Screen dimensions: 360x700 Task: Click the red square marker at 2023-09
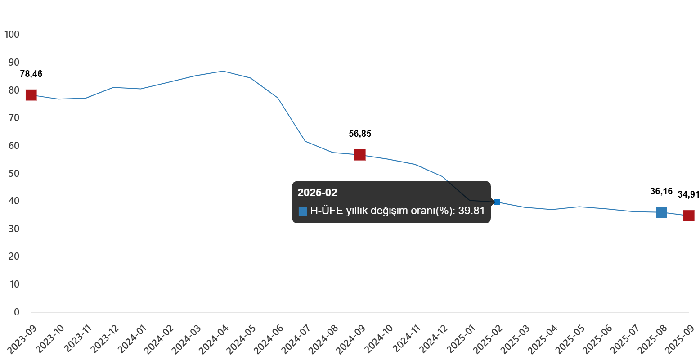click(31, 95)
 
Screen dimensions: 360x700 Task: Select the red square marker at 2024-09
click(360, 155)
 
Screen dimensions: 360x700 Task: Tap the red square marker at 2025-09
click(689, 216)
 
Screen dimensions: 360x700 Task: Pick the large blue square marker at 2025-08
click(661, 212)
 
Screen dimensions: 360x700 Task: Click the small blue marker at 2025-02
click(497, 202)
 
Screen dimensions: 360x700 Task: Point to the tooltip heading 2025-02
click(317, 193)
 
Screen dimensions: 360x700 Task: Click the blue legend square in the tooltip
click(303, 211)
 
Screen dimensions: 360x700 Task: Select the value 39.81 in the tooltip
click(471, 211)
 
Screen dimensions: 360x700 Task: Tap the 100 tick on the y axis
click(12, 35)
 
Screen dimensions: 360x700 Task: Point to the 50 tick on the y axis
click(14, 173)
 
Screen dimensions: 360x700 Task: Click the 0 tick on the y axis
click(17, 312)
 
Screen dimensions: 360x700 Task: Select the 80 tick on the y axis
click(14, 90)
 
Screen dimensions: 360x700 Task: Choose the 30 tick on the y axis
click(14, 229)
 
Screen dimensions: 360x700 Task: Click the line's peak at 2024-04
click(223, 71)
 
